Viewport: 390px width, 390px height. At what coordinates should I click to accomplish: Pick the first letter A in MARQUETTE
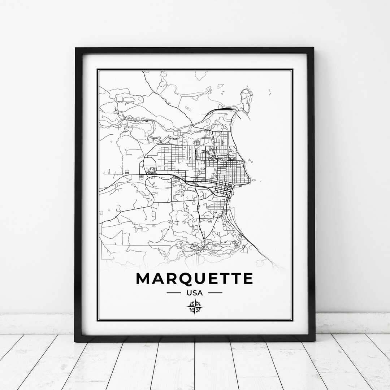[x=158, y=279]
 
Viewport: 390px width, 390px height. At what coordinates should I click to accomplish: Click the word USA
[x=195, y=293]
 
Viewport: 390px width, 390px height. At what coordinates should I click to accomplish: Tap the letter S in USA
[x=195, y=293]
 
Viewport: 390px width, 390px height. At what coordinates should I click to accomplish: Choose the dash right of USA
[x=215, y=293]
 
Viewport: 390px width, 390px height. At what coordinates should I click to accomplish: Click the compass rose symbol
[x=195, y=307]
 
